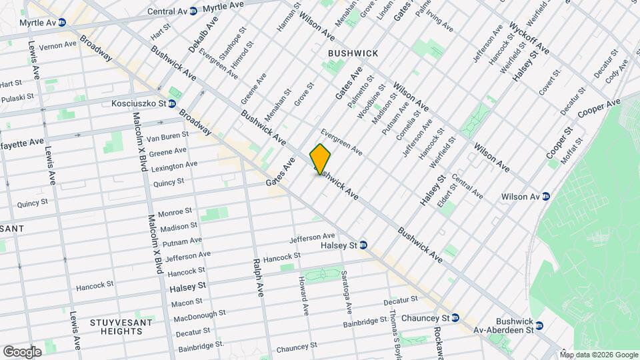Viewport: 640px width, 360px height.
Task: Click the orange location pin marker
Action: [320, 159]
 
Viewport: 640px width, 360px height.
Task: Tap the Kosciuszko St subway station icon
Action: [171, 103]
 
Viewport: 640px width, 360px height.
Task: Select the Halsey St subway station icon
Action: [363, 245]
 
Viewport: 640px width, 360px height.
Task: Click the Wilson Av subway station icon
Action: [545, 196]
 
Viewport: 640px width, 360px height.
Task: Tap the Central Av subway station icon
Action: [193, 11]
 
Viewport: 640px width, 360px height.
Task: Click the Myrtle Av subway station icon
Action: [62, 23]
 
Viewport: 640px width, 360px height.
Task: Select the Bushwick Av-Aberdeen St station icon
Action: [539, 326]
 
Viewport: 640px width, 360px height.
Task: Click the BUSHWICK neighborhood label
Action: [353, 53]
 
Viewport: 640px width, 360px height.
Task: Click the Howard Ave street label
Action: [303, 296]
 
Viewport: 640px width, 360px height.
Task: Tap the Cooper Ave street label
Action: [599, 109]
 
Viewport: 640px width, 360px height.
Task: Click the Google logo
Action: [22, 351]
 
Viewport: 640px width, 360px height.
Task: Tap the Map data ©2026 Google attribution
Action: [599, 354]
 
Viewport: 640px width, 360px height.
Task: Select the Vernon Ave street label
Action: [58, 45]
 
